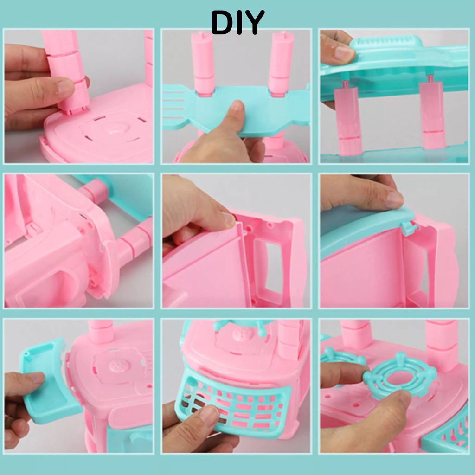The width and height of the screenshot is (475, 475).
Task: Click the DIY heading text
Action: tap(237, 22)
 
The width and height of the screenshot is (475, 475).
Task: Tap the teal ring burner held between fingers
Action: tap(400, 375)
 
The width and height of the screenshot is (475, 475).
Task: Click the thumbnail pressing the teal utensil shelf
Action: tap(237, 106)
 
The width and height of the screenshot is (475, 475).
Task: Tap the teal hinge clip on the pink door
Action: tap(409, 227)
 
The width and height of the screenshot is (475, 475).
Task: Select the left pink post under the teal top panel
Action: tap(348, 118)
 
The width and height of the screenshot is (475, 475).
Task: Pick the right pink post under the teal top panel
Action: tap(433, 115)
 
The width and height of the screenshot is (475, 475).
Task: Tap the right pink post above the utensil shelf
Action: tap(281, 64)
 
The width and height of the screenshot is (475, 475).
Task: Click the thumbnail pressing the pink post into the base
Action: tap(65, 86)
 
